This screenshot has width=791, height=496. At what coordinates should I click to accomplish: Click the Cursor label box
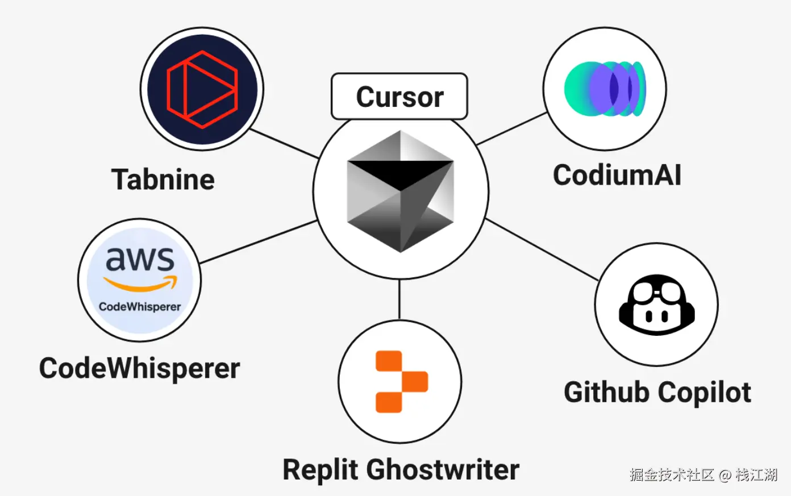click(x=399, y=96)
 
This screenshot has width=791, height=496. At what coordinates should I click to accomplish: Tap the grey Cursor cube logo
click(x=400, y=191)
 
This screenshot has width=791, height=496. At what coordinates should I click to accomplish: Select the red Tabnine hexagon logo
click(x=202, y=89)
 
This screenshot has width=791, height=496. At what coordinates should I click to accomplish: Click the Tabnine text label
click(x=163, y=180)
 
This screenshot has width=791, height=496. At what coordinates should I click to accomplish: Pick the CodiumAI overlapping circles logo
click(x=605, y=89)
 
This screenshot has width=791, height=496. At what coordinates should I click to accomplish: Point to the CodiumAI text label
click(x=617, y=175)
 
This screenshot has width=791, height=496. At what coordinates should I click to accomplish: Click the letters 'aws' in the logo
click(x=140, y=259)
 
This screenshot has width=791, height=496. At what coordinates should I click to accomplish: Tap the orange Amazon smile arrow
click(x=140, y=284)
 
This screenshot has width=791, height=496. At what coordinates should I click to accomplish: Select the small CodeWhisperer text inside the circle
click(x=140, y=307)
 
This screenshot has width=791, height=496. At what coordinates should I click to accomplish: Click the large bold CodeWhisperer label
click(x=140, y=369)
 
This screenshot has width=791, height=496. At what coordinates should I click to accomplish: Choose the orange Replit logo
click(x=402, y=382)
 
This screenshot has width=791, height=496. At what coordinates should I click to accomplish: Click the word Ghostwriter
click(x=443, y=469)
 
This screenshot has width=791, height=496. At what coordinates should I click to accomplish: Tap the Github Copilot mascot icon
click(x=657, y=305)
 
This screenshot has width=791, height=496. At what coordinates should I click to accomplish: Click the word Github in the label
click(x=606, y=392)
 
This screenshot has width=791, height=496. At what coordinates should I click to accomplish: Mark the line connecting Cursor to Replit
click(x=399, y=299)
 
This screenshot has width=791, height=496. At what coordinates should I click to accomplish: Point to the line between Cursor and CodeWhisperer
click(x=259, y=242)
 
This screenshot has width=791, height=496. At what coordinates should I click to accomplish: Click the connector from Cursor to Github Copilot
click(x=542, y=249)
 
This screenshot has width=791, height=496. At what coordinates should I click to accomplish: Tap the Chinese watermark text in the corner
click(x=703, y=475)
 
